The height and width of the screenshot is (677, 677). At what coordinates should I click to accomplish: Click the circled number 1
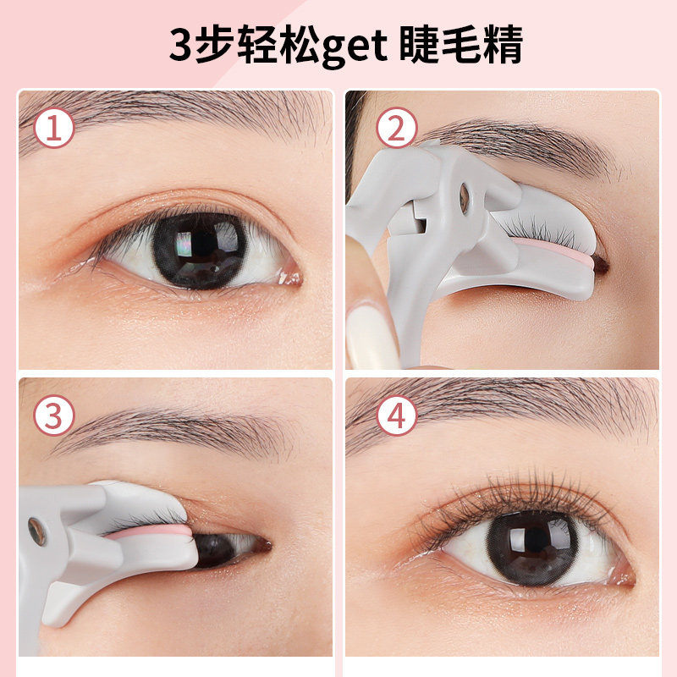tap(54, 129)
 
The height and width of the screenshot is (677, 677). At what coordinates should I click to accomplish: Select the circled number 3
tap(54, 416)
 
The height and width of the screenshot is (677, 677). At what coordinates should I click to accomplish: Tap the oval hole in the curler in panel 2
tap(464, 198)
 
